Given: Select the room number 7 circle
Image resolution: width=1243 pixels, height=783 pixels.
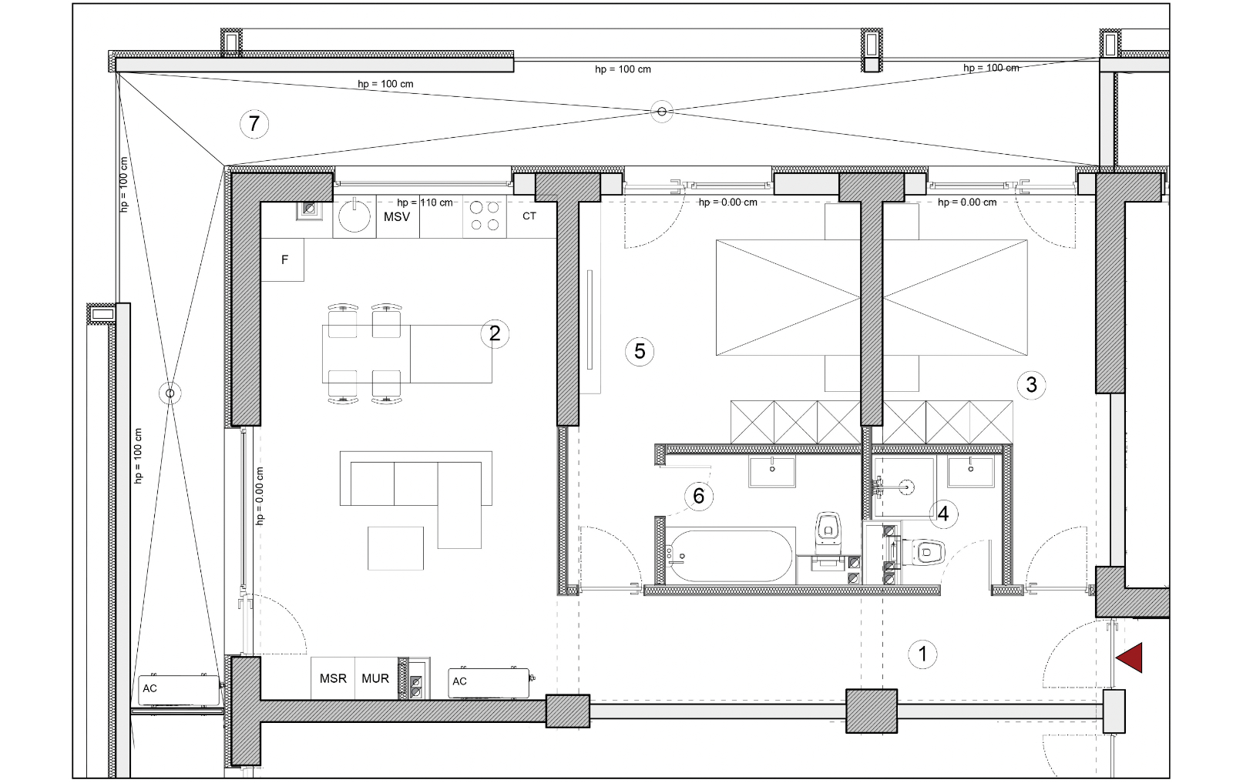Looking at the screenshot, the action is [x=254, y=124].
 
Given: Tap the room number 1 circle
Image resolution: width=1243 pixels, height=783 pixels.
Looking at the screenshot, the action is [x=922, y=654].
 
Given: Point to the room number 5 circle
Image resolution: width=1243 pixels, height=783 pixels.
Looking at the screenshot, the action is [x=640, y=352].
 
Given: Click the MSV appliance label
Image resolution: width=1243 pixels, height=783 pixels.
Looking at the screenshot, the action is [x=397, y=217].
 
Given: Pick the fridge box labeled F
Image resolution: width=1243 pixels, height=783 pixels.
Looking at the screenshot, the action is [x=283, y=259].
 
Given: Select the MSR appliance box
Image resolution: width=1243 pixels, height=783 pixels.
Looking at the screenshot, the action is [x=333, y=678].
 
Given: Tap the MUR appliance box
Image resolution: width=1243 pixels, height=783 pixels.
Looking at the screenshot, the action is [x=376, y=678].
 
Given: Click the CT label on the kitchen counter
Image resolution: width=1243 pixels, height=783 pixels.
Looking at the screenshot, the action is [x=529, y=216].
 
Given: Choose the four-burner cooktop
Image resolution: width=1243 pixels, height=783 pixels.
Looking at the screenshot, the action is [x=485, y=216].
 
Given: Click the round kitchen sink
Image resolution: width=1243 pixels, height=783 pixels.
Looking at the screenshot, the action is [x=354, y=216].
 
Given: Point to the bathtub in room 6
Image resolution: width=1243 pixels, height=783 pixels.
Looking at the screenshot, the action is [x=731, y=556].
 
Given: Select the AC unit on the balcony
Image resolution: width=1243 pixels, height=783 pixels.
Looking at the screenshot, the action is [x=179, y=690].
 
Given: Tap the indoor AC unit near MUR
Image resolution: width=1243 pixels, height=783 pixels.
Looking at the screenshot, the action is [x=489, y=683].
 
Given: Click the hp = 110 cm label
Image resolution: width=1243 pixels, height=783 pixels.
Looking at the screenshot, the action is [x=425, y=202].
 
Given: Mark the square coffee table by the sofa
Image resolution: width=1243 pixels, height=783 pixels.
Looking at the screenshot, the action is [x=395, y=548].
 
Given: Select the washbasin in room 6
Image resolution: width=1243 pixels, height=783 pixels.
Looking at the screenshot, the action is [x=772, y=471].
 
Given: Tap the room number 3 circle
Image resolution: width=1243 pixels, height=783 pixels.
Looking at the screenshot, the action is [x=1031, y=385].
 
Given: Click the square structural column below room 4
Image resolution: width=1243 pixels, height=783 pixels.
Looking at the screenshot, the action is [x=872, y=711].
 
